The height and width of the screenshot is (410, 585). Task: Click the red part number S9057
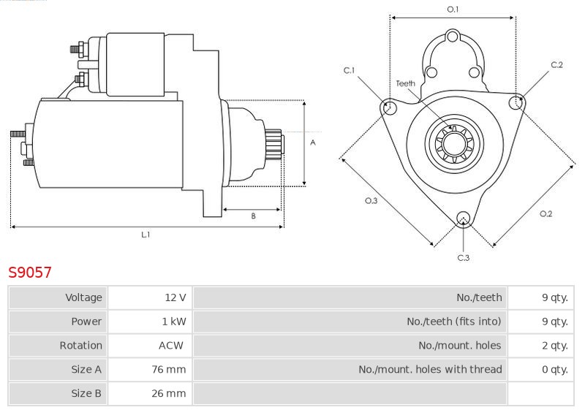pyautogui.click(x=30, y=273)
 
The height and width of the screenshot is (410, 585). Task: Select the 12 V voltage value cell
pyautogui.click(x=175, y=297)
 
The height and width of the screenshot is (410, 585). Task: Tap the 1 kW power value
pyautogui.click(x=175, y=322)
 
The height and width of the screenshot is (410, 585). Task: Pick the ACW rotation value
pyautogui.click(x=171, y=346)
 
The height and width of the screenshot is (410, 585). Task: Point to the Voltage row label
pyautogui.click(x=84, y=297)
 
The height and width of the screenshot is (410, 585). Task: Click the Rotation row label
pyautogui.click(x=81, y=346)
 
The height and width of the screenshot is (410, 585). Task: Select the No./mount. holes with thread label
pyautogui.click(x=430, y=370)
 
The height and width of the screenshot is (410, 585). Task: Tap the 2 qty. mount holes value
pyautogui.click(x=555, y=346)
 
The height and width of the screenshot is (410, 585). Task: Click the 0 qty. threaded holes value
pyautogui.click(x=555, y=370)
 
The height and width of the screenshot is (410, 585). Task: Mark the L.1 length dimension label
pyautogui.click(x=146, y=235)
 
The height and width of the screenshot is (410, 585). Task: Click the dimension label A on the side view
pyautogui.click(x=312, y=143)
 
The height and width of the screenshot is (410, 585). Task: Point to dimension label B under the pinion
pyautogui.click(x=253, y=216)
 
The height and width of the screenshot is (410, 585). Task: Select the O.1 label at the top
pyautogui.click(x=453, y=10)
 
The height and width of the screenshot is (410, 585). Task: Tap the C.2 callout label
pyautogui.click(x=556, y=65)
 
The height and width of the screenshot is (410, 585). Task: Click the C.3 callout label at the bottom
pyautogui.click(x=463, y=257)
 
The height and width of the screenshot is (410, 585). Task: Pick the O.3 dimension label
pyautogui.click(x=371, y=202)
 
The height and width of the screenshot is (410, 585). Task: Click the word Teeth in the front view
pyautogui.click(x=405, y=83)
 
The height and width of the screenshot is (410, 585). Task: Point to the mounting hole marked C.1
pyautogui.click(x=388, y=108)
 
